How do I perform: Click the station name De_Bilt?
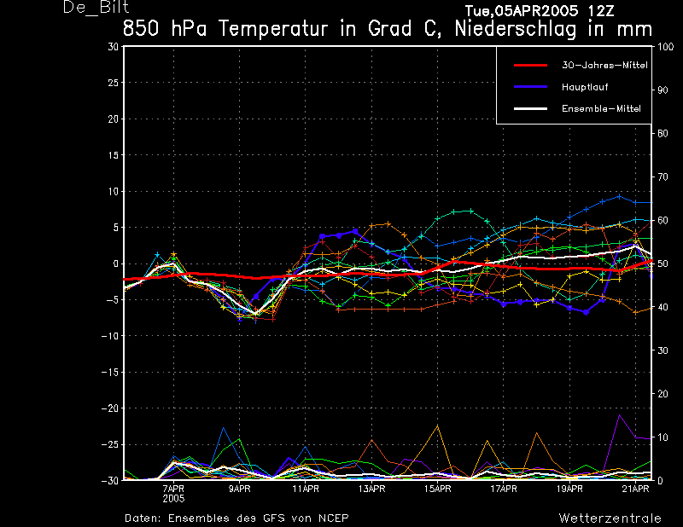(x=96, y=7)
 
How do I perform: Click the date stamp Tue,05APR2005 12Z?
(x=540, y=11)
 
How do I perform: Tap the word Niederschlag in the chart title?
(x=516, y=29)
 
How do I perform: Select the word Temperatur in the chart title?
(x=272, y=29)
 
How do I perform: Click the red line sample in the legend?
(x=530, y=66)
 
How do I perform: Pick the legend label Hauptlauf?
(x=585, y=87)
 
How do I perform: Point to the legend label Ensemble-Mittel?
(x=601, y=108)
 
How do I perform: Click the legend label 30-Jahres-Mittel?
(x=604, y=66)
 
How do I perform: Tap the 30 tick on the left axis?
(x=114, y=47)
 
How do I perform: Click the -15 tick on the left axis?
(x=110, y=373)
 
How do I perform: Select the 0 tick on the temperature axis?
(x=116, y=263)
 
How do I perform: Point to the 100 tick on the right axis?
(x=665, y=47)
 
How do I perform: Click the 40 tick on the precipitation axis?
(x=663, y=307)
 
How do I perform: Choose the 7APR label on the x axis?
(x=173, y=489)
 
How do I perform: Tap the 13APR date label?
(x=371, y=489)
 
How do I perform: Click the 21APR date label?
(x=635, y=489)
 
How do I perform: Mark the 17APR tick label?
(x=504, y=489)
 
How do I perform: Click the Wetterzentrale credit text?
(x=610, y=518)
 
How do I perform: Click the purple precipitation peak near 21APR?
(x=619, y=415)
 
